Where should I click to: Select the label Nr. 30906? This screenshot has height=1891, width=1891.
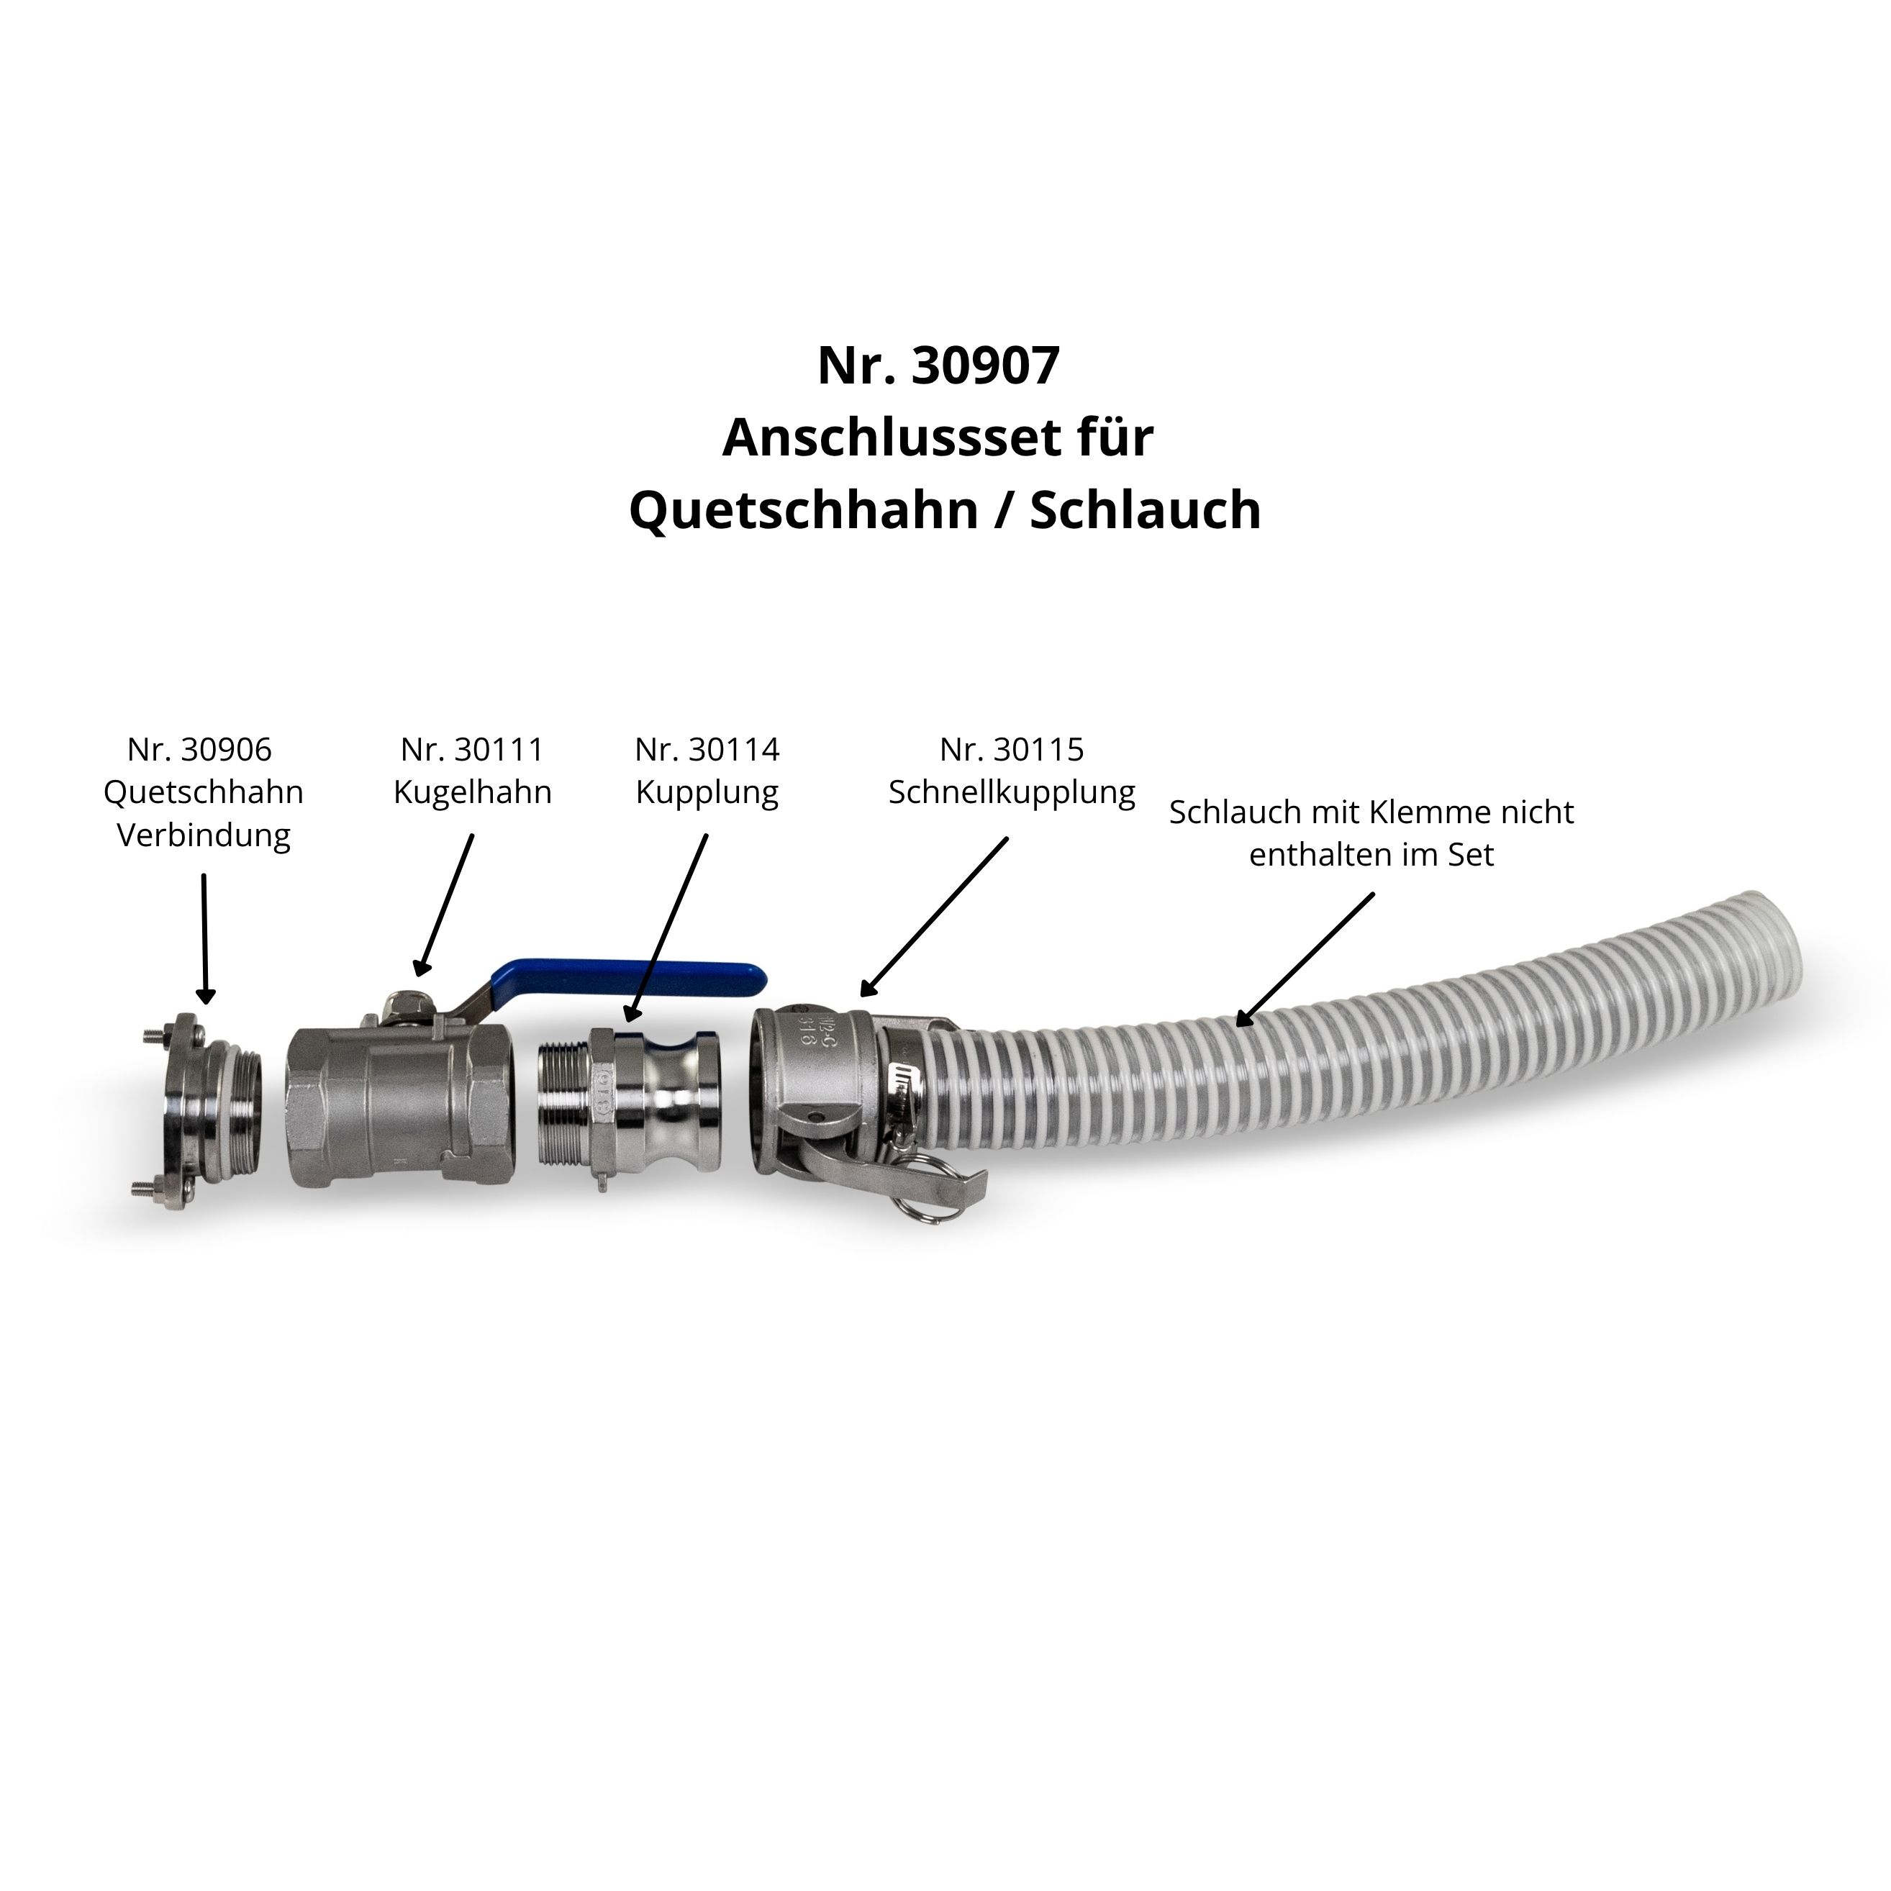[x=199, y=750]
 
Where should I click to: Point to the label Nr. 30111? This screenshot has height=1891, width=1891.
[x=472, y=750]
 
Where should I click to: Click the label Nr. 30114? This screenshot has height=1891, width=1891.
[x=707, y=750]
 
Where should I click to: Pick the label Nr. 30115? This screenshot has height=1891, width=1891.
[x=1012, y=750]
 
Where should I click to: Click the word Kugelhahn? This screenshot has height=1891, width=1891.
[x=473, y=792]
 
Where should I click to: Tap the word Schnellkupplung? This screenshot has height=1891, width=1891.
[x=1012, y=792]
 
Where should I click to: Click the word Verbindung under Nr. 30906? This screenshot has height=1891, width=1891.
[x=204, y=835]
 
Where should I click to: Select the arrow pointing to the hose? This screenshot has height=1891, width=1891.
[x=1305, y=959]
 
